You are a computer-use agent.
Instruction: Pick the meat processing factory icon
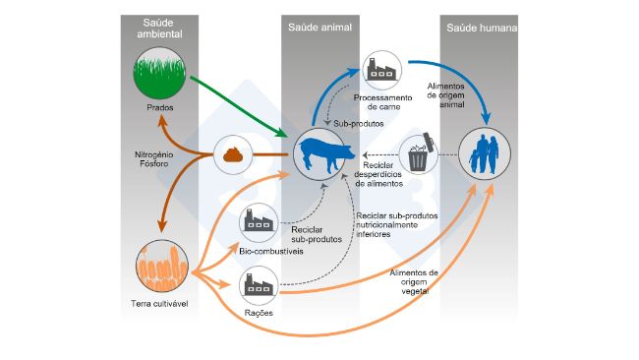coord(380,70)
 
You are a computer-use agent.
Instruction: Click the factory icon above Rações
coord(261,287)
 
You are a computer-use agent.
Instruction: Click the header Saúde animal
coord(315,27)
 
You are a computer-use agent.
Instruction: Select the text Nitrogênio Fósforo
coord(154,160)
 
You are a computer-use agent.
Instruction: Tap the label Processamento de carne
coord(380,102)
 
